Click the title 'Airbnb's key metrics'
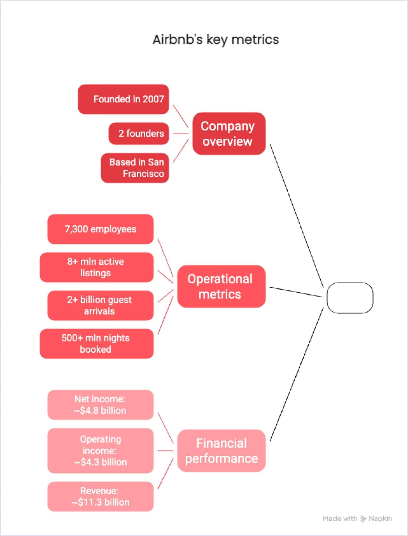tap(216, 40)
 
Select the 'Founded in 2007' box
tap(123, 99)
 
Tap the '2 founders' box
tap(139, 133)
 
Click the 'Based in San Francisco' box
tap(135, 168)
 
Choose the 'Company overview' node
tap(229, 133)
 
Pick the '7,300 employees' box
tap(101, 229)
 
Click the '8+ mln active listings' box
tap(97, 267)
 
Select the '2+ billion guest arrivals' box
tap(101, 305)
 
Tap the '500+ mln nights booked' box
tap(97, 344)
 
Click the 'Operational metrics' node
tap(221, 286)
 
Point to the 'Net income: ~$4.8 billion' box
tap(101, 405)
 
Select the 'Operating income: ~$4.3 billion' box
tap(101, 451)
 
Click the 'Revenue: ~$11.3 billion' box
tap(101, 496)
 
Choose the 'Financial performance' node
tap(221, 451)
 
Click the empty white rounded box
tap(350, 298)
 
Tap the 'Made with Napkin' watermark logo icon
tap(363, 519)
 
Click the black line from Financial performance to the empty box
tap(297, 374)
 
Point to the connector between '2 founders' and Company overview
tap(181, 133)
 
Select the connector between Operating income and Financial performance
tap(165, 451)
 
